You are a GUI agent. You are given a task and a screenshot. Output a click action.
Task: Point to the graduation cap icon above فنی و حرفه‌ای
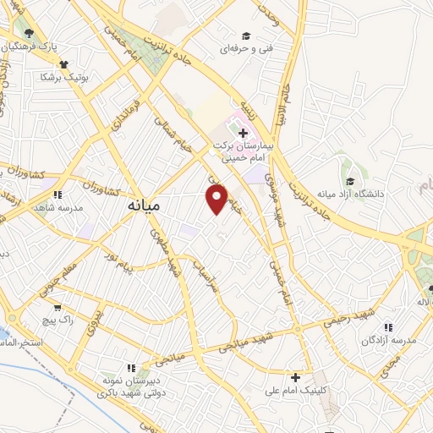click(x=245, y=36)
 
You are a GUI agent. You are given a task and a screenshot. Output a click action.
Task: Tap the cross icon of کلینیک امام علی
click(x=294, y=376)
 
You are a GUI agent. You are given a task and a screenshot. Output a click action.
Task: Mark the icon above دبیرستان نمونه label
click(x=130, y=368)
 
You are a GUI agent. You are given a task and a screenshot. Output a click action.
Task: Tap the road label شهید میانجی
click(x=249, y=340)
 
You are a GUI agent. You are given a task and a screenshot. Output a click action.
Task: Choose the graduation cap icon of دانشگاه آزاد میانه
click(x=350, y=180)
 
